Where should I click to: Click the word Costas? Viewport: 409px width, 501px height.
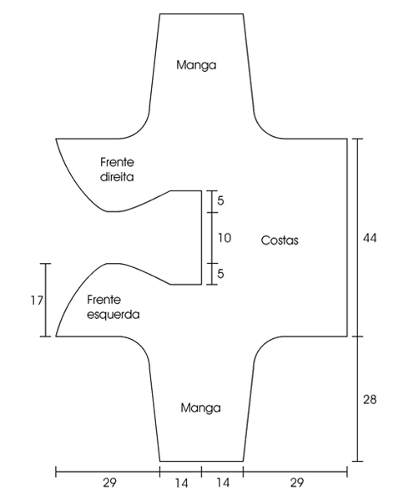[x=280, y=240]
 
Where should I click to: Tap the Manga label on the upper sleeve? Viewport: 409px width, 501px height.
[x=196, y=65]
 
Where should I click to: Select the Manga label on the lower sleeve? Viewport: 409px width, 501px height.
[x=200, y=408]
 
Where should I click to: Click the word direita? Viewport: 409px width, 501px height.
[x=117, y=177]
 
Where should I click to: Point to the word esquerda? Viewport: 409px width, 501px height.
[x=114, y=315]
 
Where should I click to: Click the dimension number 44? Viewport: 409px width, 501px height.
[x=370, y=238]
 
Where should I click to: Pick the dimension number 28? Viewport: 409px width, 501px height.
[x=370, y=399]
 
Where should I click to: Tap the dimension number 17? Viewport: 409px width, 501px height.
[x=37, y=301]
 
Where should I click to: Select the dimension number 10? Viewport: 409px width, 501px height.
[x=225, y=238]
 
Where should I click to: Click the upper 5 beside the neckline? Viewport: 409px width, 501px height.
[x=220, y=200]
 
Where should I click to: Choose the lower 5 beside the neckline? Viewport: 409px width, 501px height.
[x=220, y=274]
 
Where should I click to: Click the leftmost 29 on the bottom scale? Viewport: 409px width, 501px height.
[x=109, y=483]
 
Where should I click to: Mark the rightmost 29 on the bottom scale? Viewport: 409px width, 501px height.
[x=297, y=483]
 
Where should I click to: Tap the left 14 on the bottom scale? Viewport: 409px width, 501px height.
[x=181, y=483]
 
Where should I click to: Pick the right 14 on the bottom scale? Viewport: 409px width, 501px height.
[x=223, y=483]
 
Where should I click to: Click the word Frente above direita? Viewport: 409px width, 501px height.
[x=117, y=162]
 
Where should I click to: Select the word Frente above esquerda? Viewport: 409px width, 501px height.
[x=104, y=300]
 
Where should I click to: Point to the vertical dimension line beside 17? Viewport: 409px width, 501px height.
[x=46, y=300]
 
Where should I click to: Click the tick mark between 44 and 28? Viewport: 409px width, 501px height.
[x=357, y=337]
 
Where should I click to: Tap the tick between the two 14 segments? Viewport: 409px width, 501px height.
[x=201, y=472]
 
